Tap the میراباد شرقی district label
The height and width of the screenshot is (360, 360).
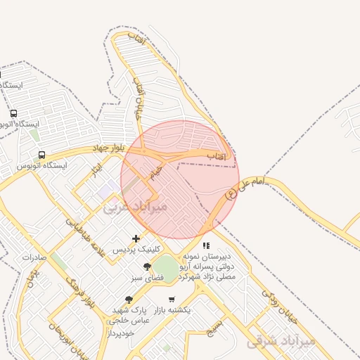pos(282,340)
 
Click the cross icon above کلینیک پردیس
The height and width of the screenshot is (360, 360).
pos(136,239)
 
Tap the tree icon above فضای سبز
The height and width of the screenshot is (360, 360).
pos(147,266)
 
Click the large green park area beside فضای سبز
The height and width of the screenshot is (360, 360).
pos(167,268)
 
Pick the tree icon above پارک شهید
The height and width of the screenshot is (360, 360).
pos(129,299)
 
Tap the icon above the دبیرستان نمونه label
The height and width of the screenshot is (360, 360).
pos(206,246)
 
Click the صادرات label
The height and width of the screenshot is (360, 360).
pos(34,257)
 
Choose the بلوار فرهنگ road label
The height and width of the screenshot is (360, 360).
pos(80,294)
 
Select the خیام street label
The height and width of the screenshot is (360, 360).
pos(155,171)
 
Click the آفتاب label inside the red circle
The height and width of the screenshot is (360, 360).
pos(215,155)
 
